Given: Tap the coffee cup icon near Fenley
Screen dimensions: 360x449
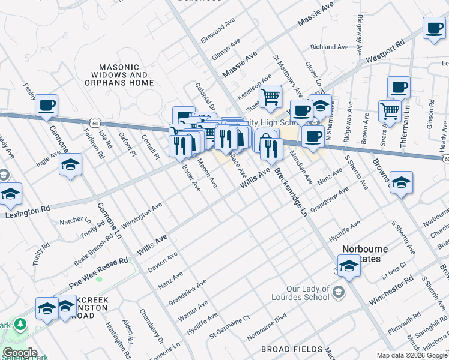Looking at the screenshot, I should [46, 106].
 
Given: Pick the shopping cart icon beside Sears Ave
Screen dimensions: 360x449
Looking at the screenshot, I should [390, 110].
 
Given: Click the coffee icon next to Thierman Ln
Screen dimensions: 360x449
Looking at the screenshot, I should [399, 88].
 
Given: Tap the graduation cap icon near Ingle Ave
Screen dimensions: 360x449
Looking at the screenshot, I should [70, 164].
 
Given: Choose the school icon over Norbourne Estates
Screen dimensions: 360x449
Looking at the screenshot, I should [348, 265].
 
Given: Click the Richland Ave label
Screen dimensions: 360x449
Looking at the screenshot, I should [330, 46].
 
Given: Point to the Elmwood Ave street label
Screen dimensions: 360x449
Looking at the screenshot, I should [218, 30].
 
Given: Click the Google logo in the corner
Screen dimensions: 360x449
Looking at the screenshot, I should [20, 352].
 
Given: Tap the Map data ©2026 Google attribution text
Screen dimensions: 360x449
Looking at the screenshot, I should [411, 355].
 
